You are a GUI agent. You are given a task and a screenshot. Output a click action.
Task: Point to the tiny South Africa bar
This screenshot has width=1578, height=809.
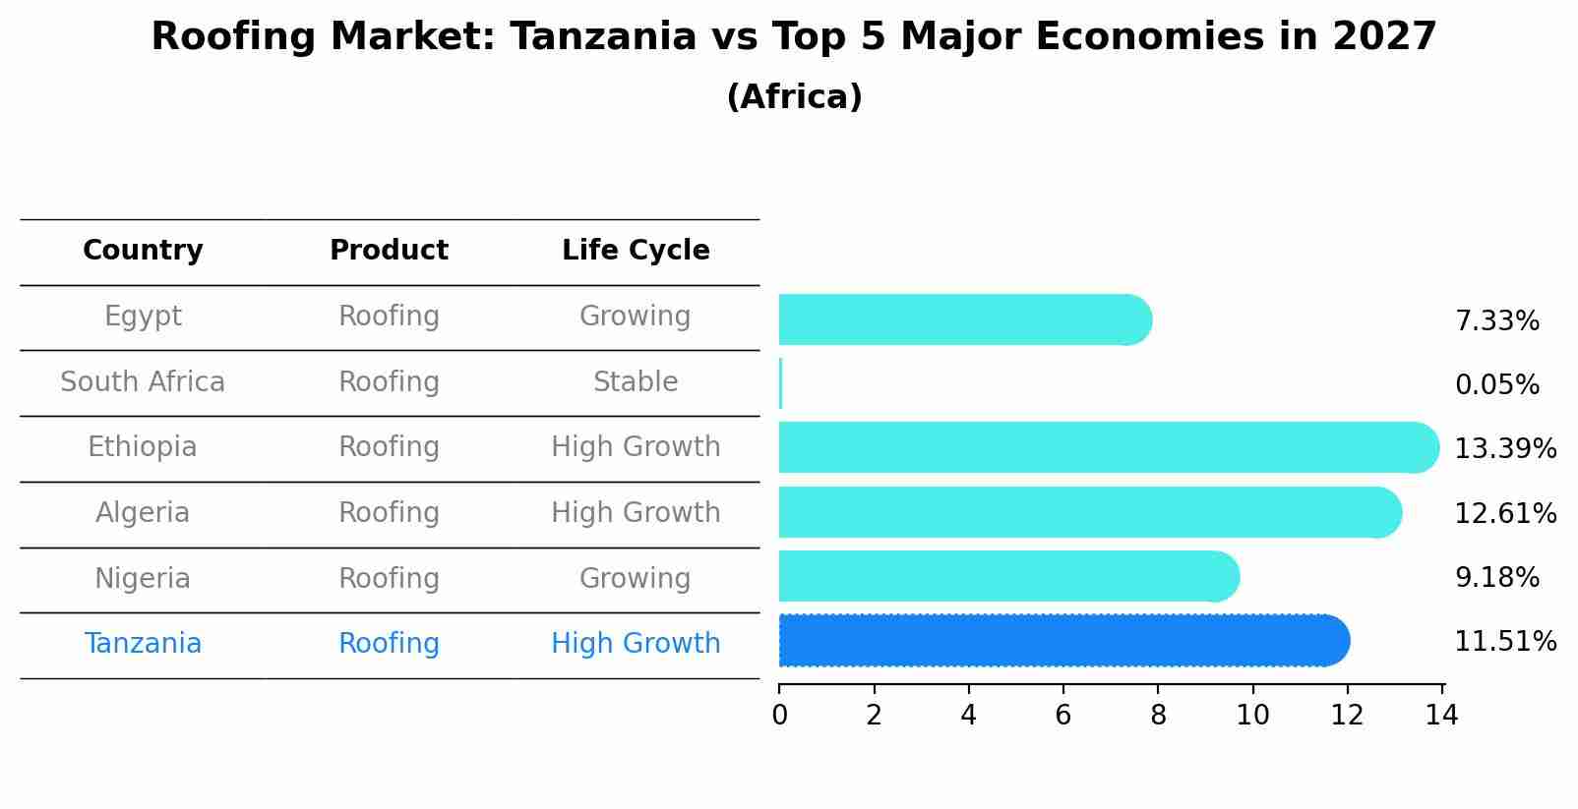pyautogui.click(x=780, y=383)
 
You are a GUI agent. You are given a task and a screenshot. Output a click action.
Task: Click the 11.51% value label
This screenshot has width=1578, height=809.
pyautogui.click(x=1505, y=642)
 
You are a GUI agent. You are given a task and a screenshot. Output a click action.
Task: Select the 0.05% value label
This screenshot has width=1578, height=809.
pyautogui.click(x=1496, y=385)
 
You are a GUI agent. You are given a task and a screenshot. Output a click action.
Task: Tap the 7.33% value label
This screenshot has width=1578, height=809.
pyautogui.click(x=1496, y=321)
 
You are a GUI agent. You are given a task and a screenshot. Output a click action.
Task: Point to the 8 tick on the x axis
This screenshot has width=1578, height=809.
pyautogui.click(x=1158, y=716)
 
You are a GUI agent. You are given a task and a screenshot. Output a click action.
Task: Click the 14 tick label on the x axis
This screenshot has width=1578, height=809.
pyautogui.click(x=1441, y=716)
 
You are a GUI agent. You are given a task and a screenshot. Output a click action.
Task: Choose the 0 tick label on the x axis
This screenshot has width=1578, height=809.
pyautogui.click(x=779, y=716)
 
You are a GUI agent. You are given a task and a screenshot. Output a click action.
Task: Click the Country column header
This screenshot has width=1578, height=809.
pyautogui.click(x=143, y=251)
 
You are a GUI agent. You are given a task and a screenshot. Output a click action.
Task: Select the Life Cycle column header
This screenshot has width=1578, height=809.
pyautogui.click(x=636, y=251)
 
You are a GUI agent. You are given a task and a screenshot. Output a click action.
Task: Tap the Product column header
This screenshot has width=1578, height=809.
pyautogui.click(x=389, y=251)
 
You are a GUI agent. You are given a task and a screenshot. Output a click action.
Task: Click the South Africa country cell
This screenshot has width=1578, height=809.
pyautogui.click(x=143, y=382)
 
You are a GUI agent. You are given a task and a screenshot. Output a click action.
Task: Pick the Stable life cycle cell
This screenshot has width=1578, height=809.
pyautogui.click(x=636, y=382)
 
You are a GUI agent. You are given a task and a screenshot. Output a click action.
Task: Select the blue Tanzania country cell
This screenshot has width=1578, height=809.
pyautogui.click(x=143, y=644)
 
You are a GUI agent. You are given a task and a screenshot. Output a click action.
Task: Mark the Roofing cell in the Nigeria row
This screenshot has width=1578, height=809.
pyautogui.click(x=389, y=579)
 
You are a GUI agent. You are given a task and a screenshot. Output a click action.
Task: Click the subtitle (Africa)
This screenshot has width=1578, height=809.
pyautogui.click(x=794, y=97)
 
